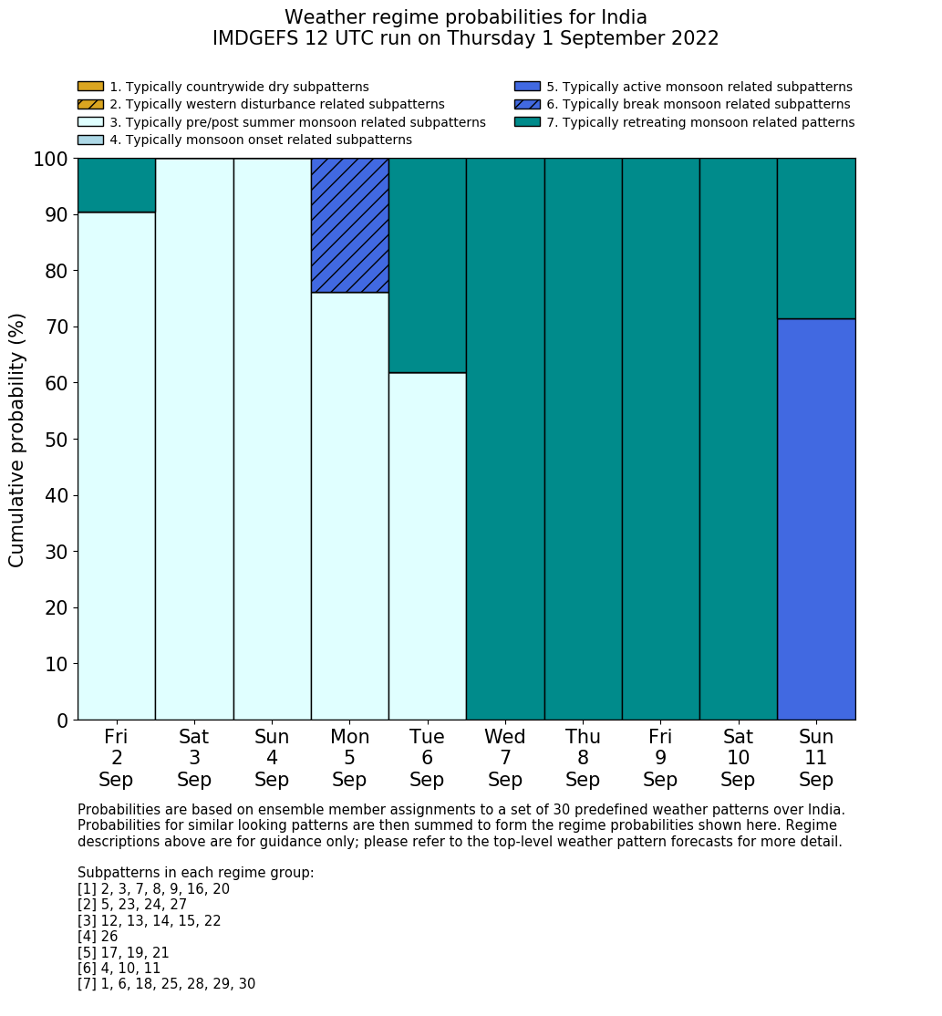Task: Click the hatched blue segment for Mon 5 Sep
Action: (349, 225)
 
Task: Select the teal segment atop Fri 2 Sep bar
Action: (116, 185)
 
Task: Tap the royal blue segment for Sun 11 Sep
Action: (816, 519)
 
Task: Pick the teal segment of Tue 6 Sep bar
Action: (427, 265)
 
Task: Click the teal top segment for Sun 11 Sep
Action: (816, 238)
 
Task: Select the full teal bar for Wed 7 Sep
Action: (505, 439)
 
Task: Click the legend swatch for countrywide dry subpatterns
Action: (90, 87)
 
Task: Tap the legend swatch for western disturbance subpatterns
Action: (90, 105)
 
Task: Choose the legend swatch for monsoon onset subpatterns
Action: (90, 140)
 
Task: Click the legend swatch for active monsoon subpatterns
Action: (527, 87)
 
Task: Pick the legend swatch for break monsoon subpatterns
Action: (527, 105)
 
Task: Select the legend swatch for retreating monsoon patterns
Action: (527, 122)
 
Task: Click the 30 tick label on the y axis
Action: (56, 552)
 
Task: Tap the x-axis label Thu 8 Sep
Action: (583, 758)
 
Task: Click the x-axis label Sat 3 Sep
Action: (193, 758)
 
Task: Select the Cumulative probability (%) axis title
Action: (17, 440)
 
